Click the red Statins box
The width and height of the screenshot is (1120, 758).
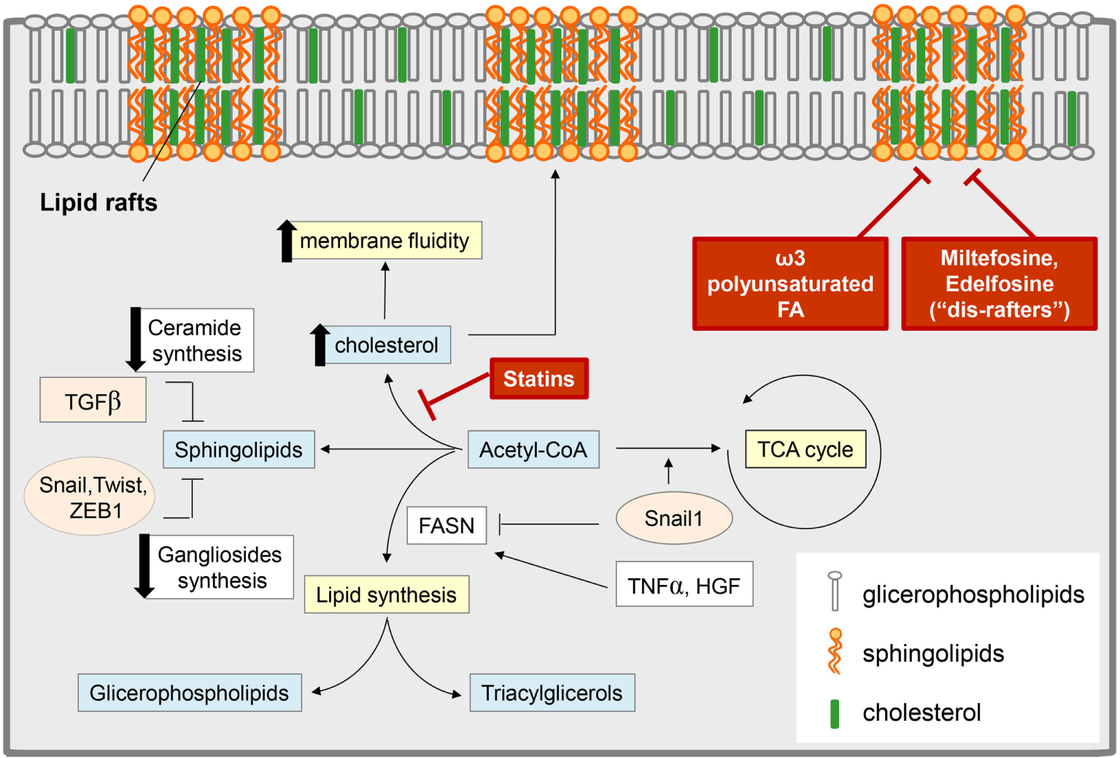[538, 378]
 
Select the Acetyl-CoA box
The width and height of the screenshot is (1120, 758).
[533, 449]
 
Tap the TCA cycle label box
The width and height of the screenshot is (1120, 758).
[805, 449]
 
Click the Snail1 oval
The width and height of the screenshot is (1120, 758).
[673, 518]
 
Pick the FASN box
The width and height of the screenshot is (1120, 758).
[446, 525]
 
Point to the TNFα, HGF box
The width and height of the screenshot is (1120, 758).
[684, 585]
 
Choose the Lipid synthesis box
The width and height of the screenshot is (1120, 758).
[386, 594]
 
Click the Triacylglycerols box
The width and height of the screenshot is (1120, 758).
[552, 692]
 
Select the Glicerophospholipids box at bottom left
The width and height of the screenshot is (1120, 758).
[189, 692]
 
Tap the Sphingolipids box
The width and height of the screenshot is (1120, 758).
[239, 449]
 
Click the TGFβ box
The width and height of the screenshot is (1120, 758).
[93, 400]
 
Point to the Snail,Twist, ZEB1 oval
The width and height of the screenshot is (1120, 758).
[90, 497]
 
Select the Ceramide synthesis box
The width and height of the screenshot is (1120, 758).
[195, 340]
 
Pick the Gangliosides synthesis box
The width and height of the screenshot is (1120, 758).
[220, 567]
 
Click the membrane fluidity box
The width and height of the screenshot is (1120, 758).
[385, 240]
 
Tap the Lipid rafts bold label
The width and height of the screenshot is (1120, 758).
[99, 202]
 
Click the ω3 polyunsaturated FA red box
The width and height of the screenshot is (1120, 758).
[789, 283]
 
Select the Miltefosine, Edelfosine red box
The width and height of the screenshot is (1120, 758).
[999, 283]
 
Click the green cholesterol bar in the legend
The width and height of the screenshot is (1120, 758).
[835, 713]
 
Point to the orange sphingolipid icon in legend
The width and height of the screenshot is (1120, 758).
[835, 651]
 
